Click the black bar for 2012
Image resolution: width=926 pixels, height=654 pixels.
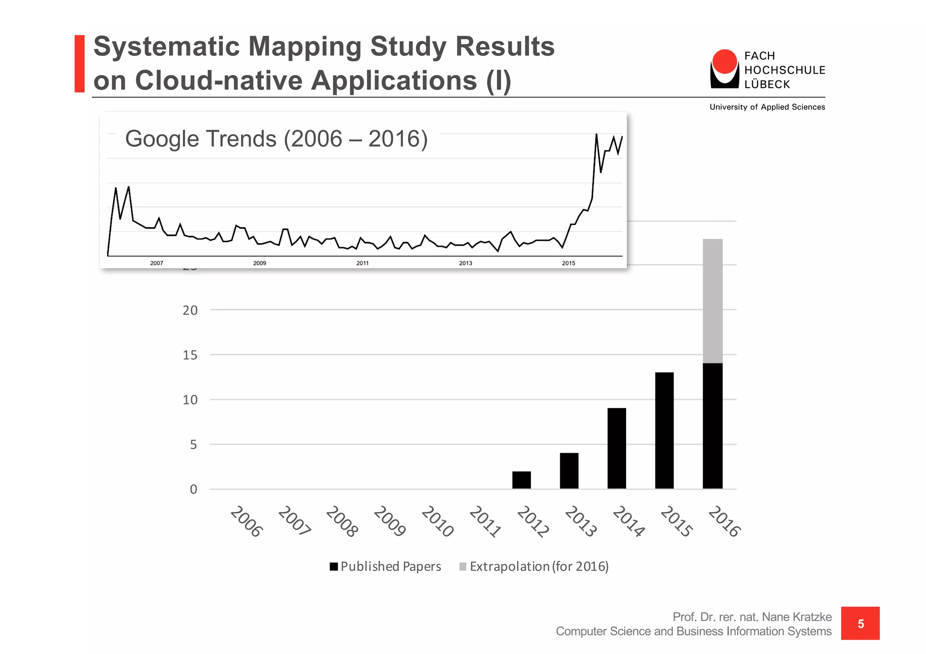[521, 480]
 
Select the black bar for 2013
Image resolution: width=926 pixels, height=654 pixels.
[569, 471]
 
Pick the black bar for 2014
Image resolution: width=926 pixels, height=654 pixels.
[617, 448]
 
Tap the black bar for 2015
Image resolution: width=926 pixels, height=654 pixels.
[664, 430]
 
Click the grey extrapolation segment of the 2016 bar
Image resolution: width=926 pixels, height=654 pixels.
[713, 301]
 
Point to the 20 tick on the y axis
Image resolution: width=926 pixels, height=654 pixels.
[190, 311]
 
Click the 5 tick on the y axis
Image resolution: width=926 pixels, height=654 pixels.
[194, 445]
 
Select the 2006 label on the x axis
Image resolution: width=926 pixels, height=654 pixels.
[246, 522]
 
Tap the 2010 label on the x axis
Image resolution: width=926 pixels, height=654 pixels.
[437, 522]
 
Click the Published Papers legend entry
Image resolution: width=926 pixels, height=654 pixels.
[385, 566]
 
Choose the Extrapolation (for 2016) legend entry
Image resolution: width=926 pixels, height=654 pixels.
[534, 566]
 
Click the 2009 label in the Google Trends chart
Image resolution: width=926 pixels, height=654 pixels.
[260, 263]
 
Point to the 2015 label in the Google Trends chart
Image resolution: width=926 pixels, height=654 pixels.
[568, 263]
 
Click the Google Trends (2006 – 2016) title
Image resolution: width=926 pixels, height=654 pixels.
[276, 139]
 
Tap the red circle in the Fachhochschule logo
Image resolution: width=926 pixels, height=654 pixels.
[724, 61]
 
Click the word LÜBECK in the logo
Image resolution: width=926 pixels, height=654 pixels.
[767, 85]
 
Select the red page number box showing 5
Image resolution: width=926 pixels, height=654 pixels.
[860, 623]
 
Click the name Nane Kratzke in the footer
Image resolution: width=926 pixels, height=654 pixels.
[797, 617]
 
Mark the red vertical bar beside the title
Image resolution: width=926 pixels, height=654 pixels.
[80, 64]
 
